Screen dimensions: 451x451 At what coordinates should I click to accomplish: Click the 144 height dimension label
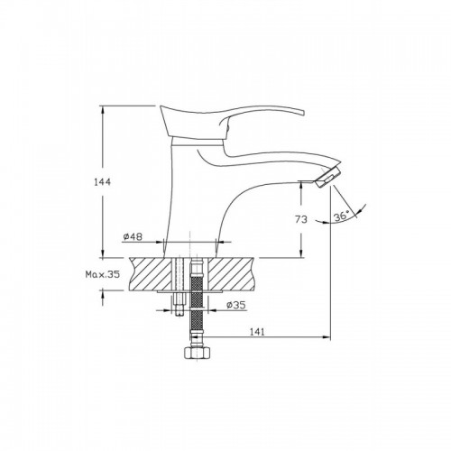coord(102,182)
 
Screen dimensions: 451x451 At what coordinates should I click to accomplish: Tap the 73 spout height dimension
coord(301,219)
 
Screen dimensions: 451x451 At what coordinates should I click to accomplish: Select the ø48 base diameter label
coord(133,237)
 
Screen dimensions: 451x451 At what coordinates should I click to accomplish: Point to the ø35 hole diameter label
coord(236,305)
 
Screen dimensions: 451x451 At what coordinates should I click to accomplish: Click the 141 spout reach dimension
coord(257,332)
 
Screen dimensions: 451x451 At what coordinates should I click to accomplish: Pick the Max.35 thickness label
coord(103,274)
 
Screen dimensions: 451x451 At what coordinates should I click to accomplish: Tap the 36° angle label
coord(342,216)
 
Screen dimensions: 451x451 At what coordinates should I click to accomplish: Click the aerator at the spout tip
coord(328,178)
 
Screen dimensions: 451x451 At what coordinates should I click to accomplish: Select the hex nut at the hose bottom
coord(198,353)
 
